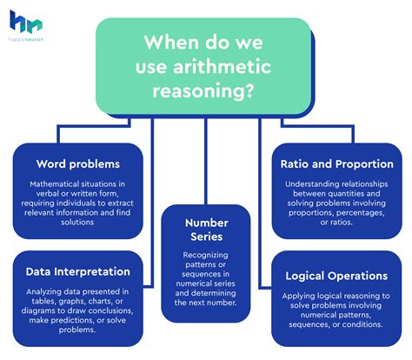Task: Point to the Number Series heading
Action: pos(207,229)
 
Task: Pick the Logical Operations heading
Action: pos(336,277)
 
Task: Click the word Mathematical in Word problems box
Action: pos(59,184)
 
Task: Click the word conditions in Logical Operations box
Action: pos(362,323)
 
